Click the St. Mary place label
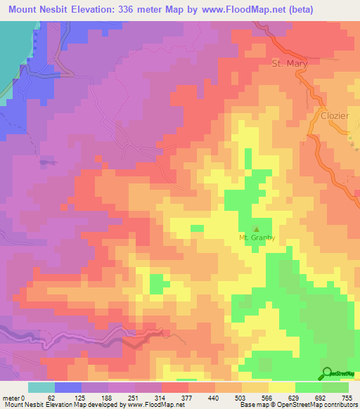[x=288, y=64]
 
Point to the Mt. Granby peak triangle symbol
[x=256, y=228]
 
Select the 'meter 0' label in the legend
[x=15, y=397]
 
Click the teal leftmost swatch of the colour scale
[x=41, y=387]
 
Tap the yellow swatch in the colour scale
[x=282, y=387]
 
